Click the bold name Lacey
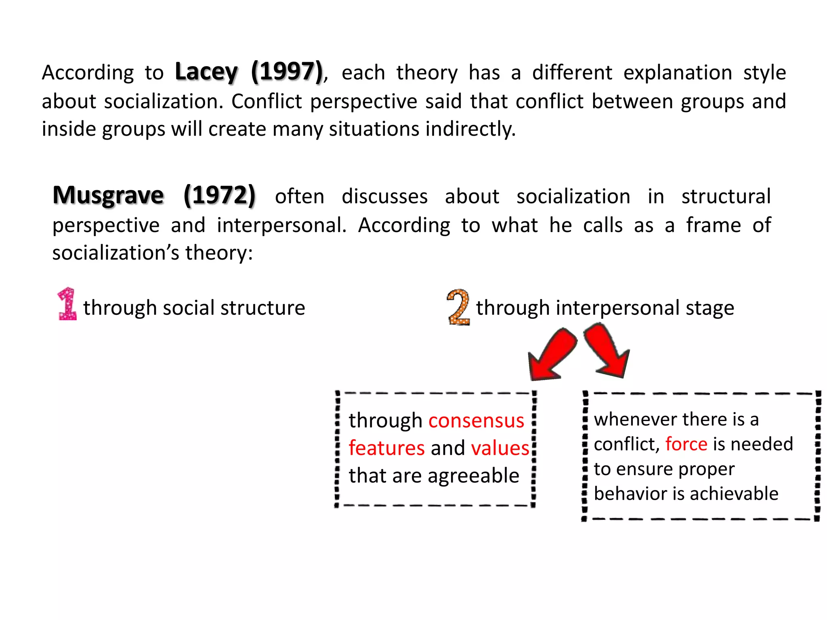point(206,72)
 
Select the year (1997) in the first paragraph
point(287,72)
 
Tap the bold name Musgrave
point(108,196)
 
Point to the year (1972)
point(219,196)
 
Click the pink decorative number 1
point(67,304)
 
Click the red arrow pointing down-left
point(552,354)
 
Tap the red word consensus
point(476,421)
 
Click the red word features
point(386,448)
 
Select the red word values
point(500,448)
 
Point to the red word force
point(686,444)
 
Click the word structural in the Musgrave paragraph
point(726,197)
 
